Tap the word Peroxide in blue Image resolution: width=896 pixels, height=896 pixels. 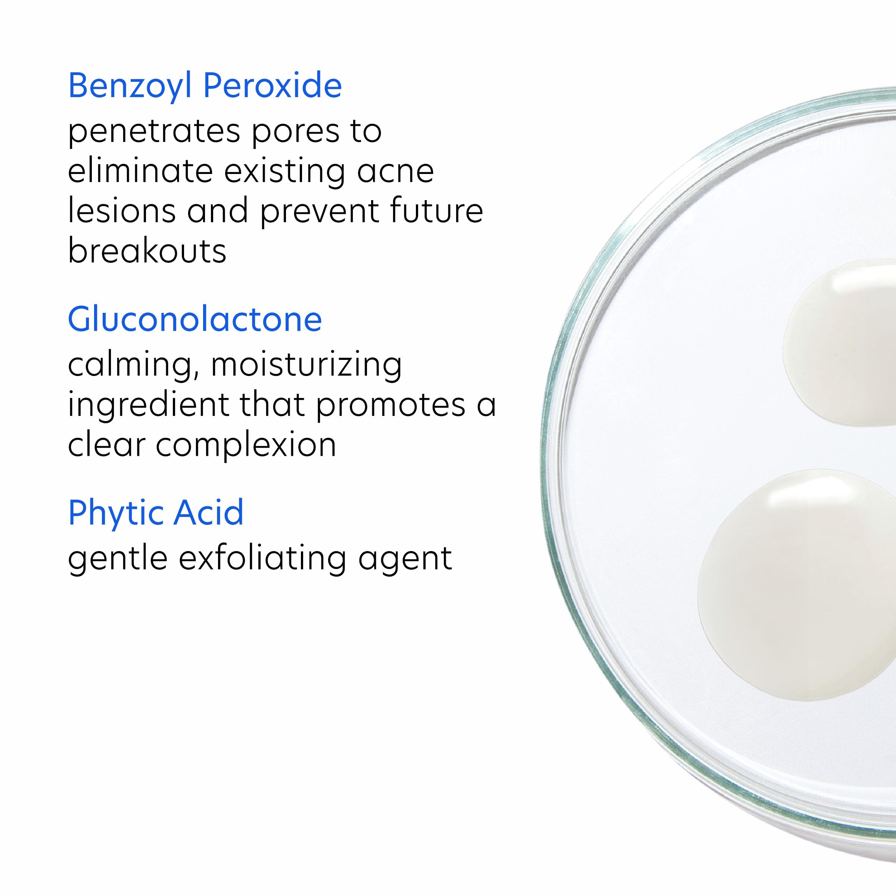[x=272, y=86]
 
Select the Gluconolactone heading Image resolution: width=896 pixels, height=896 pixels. [x=195, y=320]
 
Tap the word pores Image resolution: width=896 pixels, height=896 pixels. [x=296, y=132]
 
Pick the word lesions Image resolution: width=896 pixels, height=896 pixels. [x=121, y=211]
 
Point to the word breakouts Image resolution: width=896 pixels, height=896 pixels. [x=147, y=251]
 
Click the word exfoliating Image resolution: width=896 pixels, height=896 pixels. [x=262, y=559]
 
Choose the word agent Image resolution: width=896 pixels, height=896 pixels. [x=404, y=559]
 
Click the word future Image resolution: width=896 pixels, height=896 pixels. [x=436, y=211]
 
